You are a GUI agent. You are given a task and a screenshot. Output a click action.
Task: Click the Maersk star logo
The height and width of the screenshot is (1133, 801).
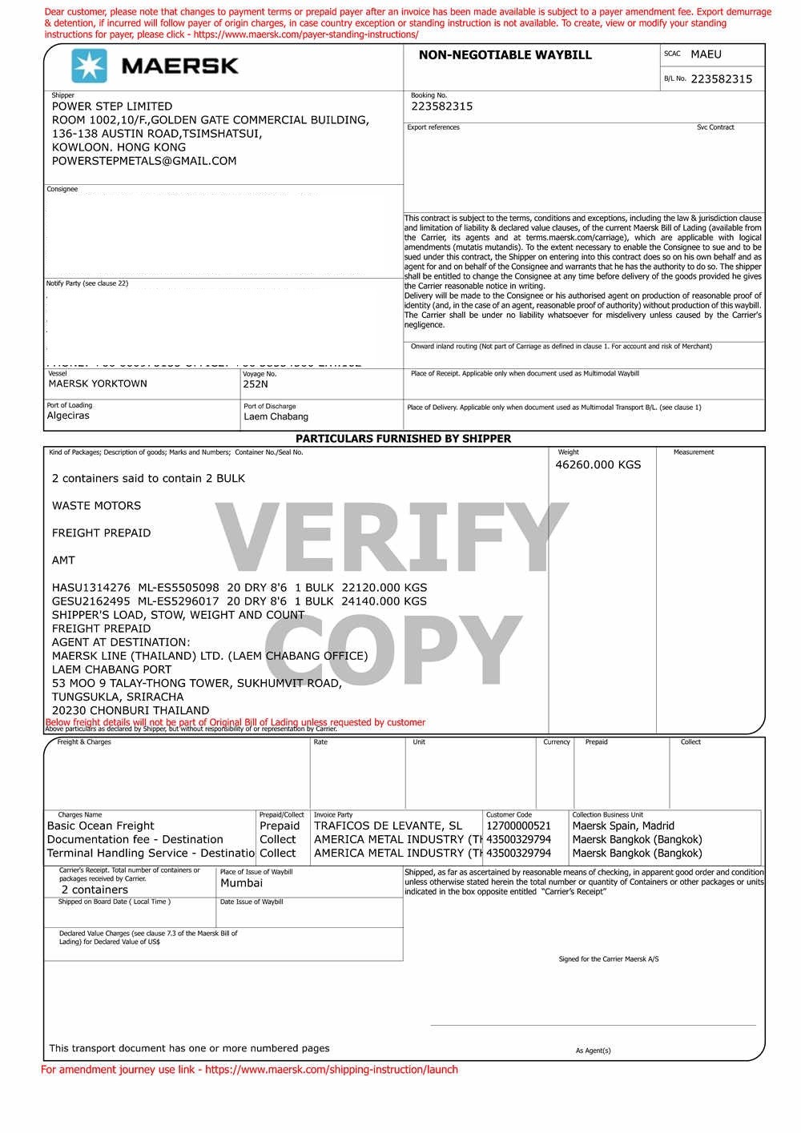click(89, 66)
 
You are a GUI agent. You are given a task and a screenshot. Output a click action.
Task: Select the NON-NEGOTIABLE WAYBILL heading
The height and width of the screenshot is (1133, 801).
click(505, 55)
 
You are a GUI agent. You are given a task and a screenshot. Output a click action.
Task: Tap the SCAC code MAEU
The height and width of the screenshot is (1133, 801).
click(706, 54)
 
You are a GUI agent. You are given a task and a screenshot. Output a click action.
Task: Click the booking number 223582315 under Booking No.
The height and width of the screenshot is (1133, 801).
click(441, 106)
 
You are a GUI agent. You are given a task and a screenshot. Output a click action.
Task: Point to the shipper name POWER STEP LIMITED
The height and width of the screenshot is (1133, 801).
click(112, 106)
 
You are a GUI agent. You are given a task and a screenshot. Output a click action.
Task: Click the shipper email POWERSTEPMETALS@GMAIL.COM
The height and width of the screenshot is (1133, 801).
click(144, 161)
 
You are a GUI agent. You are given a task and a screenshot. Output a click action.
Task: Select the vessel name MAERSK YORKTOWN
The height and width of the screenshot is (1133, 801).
click(98, 384)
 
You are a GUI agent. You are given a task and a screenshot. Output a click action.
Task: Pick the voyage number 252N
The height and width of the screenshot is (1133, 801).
click(256, 384)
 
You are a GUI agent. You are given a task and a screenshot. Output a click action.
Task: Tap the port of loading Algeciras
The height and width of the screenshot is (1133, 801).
click(68, 416)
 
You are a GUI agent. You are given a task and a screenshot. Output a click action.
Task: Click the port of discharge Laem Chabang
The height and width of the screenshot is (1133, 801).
click(276, 416)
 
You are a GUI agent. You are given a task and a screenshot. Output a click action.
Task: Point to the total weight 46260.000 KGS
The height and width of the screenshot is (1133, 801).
click(598, 464)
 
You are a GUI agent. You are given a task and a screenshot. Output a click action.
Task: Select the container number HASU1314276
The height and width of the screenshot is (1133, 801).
click(91, 588)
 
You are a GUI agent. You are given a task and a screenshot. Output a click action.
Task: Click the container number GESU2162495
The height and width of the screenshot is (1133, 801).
click(91, 601)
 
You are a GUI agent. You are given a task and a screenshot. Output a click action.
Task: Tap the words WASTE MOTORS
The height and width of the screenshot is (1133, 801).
click(96, 506)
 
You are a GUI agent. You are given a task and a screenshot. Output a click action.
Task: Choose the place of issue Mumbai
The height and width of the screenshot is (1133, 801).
click(241, 883)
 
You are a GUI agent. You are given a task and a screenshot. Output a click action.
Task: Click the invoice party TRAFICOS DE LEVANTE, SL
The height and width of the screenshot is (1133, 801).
click(388, 826)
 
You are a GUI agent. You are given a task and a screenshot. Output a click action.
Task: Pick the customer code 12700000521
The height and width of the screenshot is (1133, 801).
click(518, 826)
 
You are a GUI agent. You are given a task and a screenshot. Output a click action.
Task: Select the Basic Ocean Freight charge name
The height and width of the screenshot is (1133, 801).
click(101, 826)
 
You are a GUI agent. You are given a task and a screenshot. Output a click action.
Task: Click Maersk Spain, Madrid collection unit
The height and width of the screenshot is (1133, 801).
click(623, 826)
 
